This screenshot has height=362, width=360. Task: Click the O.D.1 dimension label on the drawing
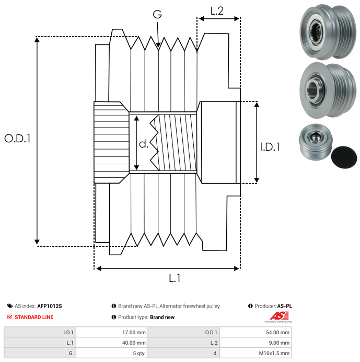pos(18,139)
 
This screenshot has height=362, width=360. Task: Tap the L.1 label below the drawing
pos(175,279)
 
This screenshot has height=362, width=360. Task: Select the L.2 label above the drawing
pos(217,11)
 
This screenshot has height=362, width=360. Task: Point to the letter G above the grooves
pos(157,15)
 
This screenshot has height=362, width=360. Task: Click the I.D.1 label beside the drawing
pos(270,147)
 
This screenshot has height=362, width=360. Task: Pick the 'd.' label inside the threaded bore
pos(144,144)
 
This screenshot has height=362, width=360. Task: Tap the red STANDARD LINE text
pos(34,317)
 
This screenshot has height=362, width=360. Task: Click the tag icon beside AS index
pos(10,306)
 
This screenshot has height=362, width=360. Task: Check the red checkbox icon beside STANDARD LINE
pos(10,317)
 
